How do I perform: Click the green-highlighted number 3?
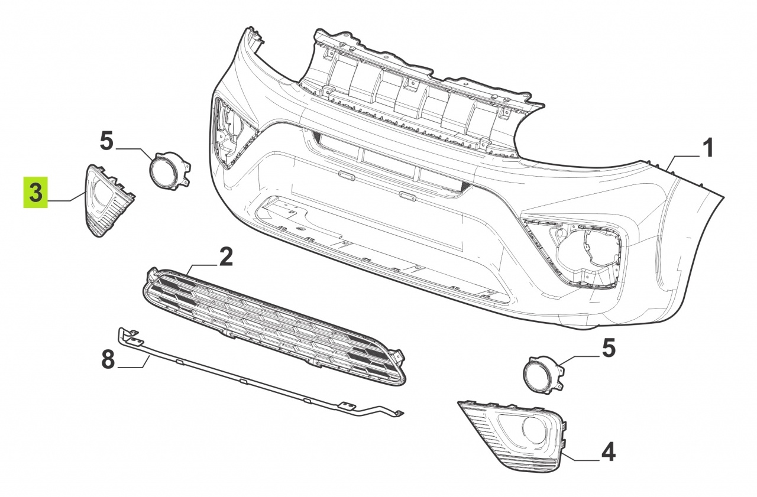coord(35,192)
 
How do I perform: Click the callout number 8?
coord(108,360)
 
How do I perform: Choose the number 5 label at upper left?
coord(107,142)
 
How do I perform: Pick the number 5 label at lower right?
coord(609,349)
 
